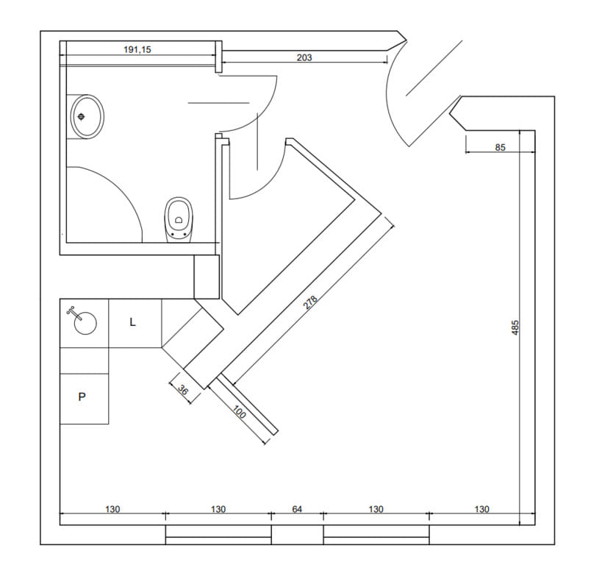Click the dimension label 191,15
pos(137,50)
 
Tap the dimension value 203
pos(304,57)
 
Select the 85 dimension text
pos(500,147)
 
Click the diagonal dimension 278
pos(311,302)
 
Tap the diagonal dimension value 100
pos(239,413)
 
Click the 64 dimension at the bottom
pos(297,508)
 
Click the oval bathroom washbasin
pos(87,116)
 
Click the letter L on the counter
pos(132,322)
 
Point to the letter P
pos(82,397)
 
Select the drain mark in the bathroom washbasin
pos(81,116)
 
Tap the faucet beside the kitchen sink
pos(71,311)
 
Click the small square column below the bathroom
pos(207,277)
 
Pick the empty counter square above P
pos(84,360)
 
